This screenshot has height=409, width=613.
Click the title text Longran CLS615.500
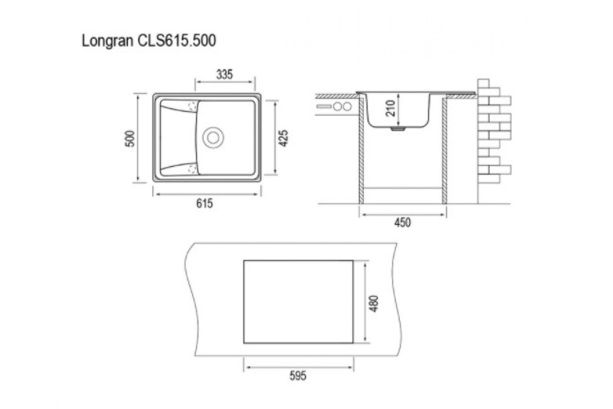click(x=149, y=41)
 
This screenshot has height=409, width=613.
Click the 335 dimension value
click(x=225, y=75)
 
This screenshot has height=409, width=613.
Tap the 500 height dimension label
click(x=130, y=139)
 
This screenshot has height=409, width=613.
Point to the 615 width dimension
click(x=205, y=203)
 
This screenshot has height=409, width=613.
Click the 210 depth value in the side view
click(x=391, y=108)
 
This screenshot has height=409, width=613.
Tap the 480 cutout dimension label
click(x=374, y=304)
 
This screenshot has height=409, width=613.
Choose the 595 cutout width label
click(x=298, y=376)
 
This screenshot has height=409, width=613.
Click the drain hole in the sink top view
click(x=213, y=138)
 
